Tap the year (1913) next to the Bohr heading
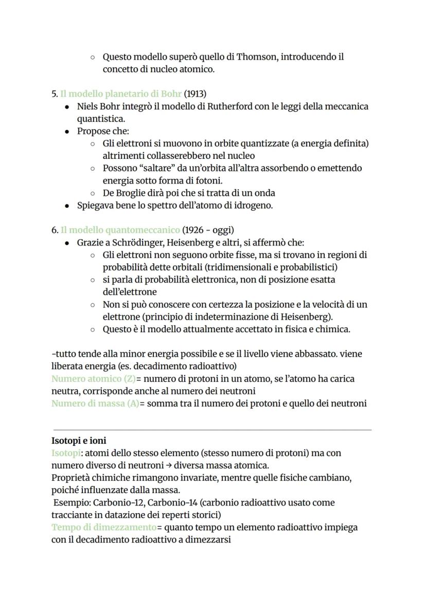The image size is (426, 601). pyautogui.click(x=196, y=94)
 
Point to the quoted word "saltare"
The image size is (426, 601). pyautogui.click(x=153, y=168)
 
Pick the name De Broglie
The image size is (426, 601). pyautogui.click(x=125, y=193)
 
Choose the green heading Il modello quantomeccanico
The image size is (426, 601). pyautogui.click(x=120, y=230)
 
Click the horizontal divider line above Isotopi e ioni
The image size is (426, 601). pyautogui.click(x=212, y=430)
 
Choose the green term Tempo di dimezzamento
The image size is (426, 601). pyautogui.click(x=104, y=527)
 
